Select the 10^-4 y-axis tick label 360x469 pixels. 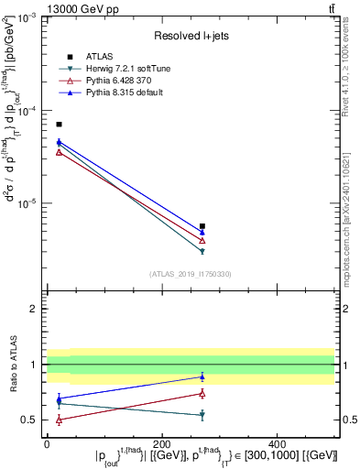[28, 111]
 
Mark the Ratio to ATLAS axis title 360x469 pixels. [15, 365]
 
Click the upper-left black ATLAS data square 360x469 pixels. [59, 124]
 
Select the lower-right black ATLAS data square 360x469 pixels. [202, 225]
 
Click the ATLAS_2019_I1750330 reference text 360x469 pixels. [190, 273]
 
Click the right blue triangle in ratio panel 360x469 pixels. [202, 376]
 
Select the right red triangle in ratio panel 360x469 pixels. [202, 393]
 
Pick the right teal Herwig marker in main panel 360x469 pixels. [202, 250]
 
